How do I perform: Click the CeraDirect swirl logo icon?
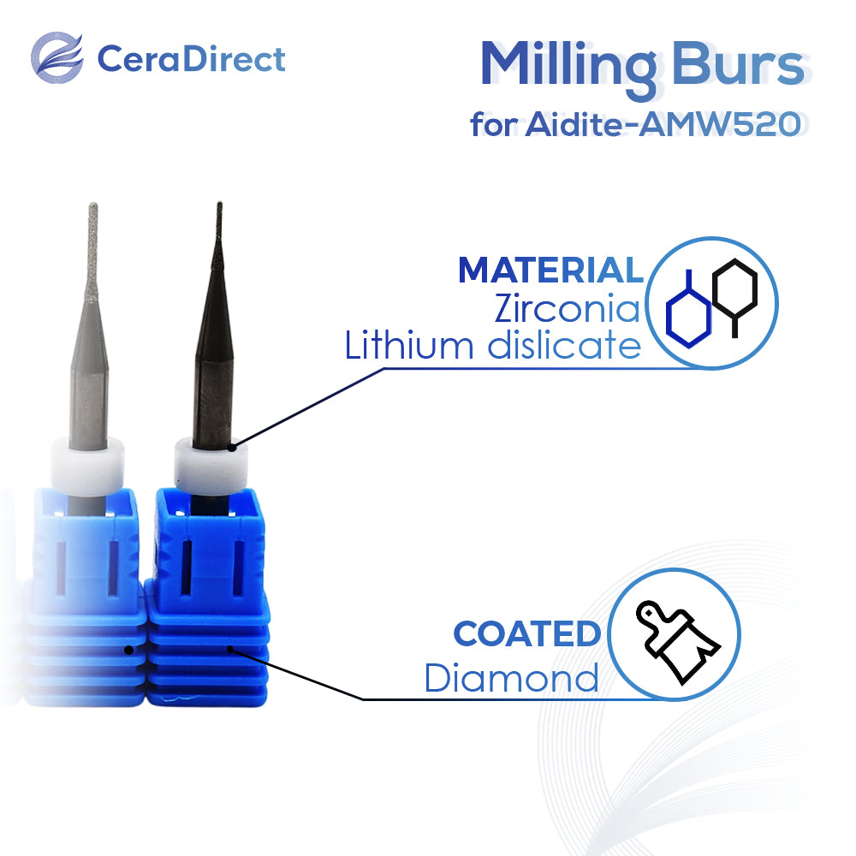pyautogui.click(x=56, y=57)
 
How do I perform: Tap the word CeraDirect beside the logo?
pyautogui.click(x=191, y=58)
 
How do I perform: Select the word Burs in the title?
pyautogui.click(x=739, y=63)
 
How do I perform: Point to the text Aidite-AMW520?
pyautogui.click(x=663, y=124)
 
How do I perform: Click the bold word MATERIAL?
pyautogui.click(x=550, y=270)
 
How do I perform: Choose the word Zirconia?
pyautogui.click(x=568, y=308)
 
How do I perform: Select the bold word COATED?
pyautogui.click(x=527, y=633)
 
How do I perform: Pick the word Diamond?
pyautogui.click(x=512, y=677)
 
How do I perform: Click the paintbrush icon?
pyautogui.click(x=677, y=641)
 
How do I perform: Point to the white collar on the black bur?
pyautogui.click(x=211, y=467)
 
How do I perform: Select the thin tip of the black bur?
pyautogui.click(x=219, y=229)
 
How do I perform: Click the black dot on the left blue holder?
pyautogui.click(x=129, y=650)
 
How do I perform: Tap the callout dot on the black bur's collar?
pyautogui.click(x=232, y=447)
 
